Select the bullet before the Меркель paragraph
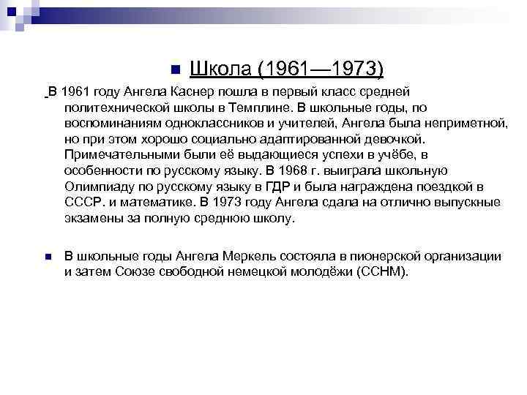[x=48, y=257]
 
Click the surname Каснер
[x=197, y=91]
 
